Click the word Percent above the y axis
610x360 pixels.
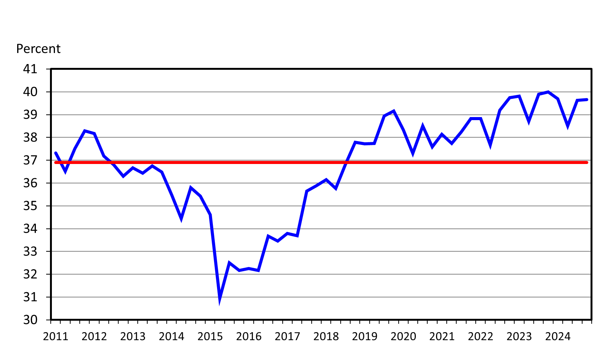click(x=38, y=49)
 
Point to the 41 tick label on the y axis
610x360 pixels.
click(x=31, y=69)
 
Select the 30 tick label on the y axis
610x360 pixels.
click(x=31, y=320)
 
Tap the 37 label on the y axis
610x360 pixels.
click(x=31, y=160)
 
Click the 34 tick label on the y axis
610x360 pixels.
click(x=31, y=229)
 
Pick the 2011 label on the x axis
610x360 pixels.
click(x=56, y=336)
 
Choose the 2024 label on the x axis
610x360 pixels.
click(x=558, y=336)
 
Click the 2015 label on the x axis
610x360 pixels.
click(x=210, y=336)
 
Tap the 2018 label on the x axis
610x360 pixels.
click(x=326, y=336)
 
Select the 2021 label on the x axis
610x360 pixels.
click(x=442, y=336)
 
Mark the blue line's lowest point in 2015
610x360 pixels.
click(x=220, y=300)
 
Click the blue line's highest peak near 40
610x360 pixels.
click(x=548, y=92)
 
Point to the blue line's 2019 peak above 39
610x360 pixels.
click(x=394, y=111)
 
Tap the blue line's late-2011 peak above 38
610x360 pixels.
click(x=85, y=131)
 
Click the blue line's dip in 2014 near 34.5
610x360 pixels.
click(x=181, y=218)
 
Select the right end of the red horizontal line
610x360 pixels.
click(x=587, y=162)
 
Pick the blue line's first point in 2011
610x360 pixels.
click(x=56, y=153)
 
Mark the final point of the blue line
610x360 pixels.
click(x=587, y=100)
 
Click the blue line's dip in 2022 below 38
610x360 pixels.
click(x=490, y=145)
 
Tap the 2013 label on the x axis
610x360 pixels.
click(x=133, y=336)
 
